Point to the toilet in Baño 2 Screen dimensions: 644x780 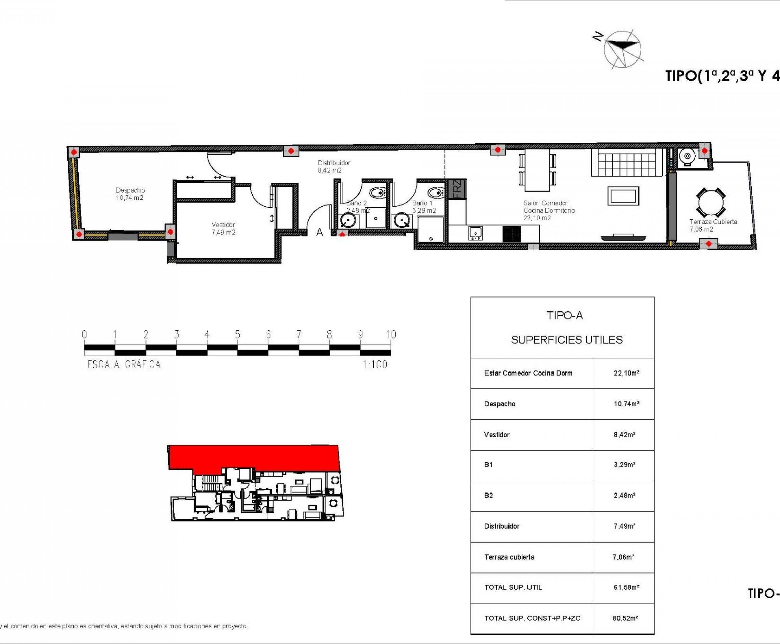point(378,193)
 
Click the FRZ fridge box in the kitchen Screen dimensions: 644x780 point(457,189)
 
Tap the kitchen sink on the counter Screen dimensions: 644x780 point(475,233)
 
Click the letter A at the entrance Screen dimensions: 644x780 point(319,232)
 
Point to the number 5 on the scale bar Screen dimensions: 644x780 point(238,335)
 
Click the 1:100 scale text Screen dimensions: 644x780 point(375,365)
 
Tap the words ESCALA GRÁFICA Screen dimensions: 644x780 point(124,365)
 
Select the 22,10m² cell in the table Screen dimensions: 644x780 point(626,373)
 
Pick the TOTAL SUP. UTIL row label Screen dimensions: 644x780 point(513,587)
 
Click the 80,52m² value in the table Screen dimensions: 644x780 point(625,618)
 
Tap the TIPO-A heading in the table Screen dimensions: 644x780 point(564,315)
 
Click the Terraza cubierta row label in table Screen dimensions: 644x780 point(509,557)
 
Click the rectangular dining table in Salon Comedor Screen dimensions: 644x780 point(537,169)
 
